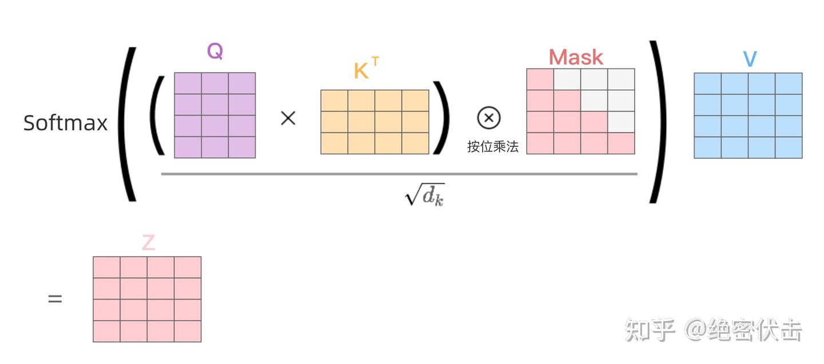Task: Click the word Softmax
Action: point(65,123)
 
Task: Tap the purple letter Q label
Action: point(215,51)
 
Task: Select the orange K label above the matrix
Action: point(361,70)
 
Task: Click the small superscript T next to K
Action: point(375,61)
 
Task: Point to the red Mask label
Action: point(576,57)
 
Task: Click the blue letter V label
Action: point(750,59)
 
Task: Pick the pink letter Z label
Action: point(149,242)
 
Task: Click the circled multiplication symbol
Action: point(489,118)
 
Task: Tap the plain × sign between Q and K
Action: point(288,118)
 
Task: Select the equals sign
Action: point(55,299)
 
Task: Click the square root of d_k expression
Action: point(425,194)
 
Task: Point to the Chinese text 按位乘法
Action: point(493,146)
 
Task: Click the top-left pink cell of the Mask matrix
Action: point(540,79)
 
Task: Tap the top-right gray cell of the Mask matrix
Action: point(621,79)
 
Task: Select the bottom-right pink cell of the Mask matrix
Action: point(621,143)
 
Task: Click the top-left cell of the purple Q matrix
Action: point(188,83)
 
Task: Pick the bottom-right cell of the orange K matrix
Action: point(415,143)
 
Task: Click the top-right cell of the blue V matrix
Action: point(789,84)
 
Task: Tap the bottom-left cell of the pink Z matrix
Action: point(106,331)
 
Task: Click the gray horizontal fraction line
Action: point(399,174)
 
